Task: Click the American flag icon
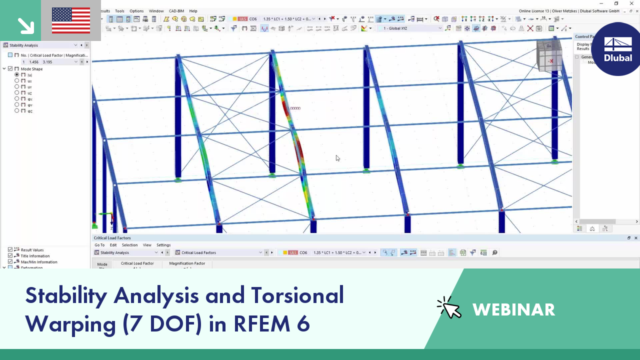(x=71, y=20)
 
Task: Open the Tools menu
(x=119, y=11)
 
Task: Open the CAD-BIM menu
(x=176, y=11)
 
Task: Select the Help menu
(x=193, y=11)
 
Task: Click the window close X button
(x=631, y=3)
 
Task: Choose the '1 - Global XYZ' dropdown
(x=410, y=28)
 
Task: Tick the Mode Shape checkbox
(x=10, y=69)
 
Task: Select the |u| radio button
(x=17, y=75)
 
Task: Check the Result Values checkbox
(x=10, y=250)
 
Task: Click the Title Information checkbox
(x=10, y=256)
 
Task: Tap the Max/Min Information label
(x=39, y=262)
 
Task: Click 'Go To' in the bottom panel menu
(x=99, y=245)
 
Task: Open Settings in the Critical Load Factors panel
(x=163, y=245)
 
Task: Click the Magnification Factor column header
(x=187, y=263)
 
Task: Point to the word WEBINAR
(x=513, y=310)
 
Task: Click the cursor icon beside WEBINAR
(x=449, y=308)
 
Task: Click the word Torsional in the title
(x=297, y=295)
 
